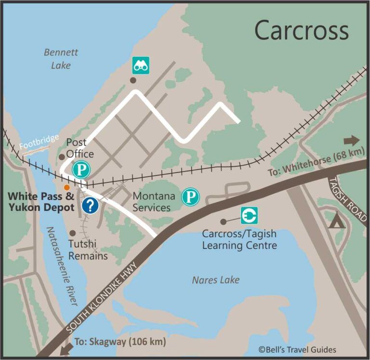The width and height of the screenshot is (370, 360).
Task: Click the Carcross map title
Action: click(301, 30)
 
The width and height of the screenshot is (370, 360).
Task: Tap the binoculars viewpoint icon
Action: click(141, 65)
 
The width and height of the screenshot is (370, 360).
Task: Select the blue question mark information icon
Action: click(90, 205)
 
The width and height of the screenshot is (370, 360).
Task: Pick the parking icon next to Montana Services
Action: click(190, 196)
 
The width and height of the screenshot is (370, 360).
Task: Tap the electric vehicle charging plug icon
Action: click(249, 215)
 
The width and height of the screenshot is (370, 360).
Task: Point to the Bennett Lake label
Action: click(61, 58)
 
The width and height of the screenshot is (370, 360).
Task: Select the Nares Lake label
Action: click(215, 280)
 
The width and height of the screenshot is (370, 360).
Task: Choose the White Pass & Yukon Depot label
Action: click(41, 202)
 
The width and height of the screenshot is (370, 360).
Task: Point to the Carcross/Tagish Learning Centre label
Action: click(239, 240)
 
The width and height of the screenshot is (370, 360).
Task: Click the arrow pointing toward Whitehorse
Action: click(351, 141)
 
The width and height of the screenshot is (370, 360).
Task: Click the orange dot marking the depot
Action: click(66, 187)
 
